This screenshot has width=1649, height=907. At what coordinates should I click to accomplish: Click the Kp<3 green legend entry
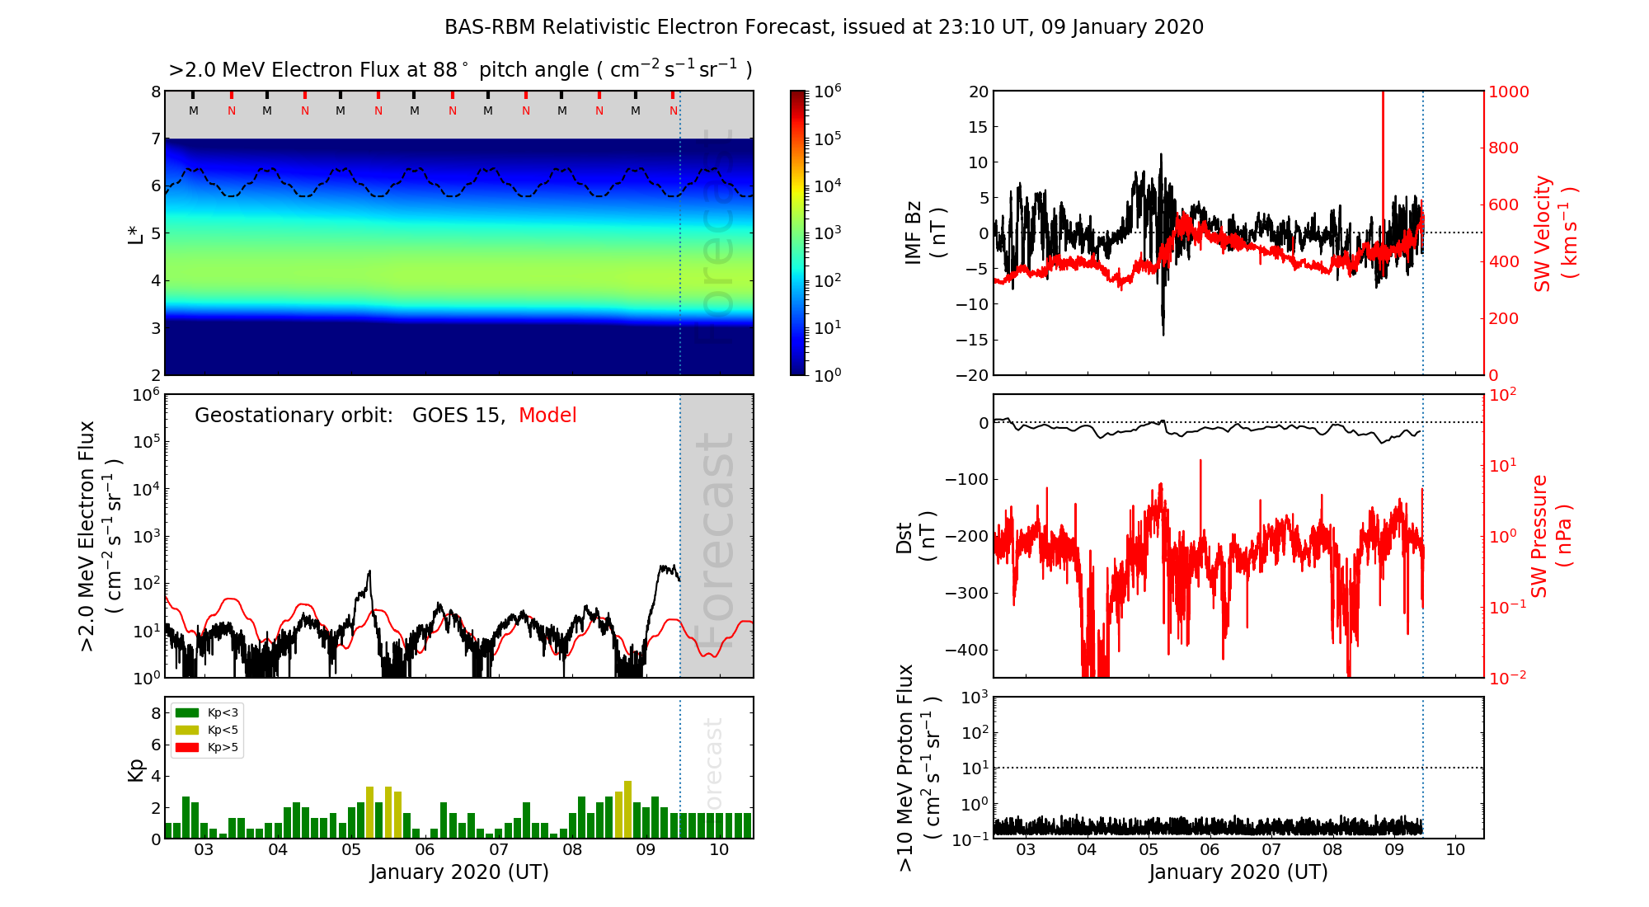tap(207, 712)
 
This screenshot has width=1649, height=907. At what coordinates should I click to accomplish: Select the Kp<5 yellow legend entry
tap(207, 730)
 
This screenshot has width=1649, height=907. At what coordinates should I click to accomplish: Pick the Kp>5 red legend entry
tap(207, 748)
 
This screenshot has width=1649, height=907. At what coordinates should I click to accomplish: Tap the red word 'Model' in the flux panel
tap(547, 416)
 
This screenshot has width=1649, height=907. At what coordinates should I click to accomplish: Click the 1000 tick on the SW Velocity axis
tap(1508, 92)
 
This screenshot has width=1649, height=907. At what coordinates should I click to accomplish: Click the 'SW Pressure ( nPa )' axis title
tap(1550, 536)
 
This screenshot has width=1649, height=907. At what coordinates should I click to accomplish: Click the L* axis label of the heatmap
tap(135, 233)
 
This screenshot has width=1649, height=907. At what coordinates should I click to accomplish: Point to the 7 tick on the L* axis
tap(155, 139)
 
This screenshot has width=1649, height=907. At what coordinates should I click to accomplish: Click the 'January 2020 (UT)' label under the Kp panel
tap(459, 872)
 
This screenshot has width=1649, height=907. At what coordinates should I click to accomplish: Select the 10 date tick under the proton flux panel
tap(1455, 850)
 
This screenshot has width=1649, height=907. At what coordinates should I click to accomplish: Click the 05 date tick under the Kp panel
tap(351, 850)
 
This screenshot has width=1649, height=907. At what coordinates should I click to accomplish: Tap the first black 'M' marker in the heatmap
tap(194, 110)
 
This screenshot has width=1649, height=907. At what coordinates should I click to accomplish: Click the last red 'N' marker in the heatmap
tap(674, 110)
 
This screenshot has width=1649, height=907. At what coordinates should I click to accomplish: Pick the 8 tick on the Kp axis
tap(155, 713)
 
